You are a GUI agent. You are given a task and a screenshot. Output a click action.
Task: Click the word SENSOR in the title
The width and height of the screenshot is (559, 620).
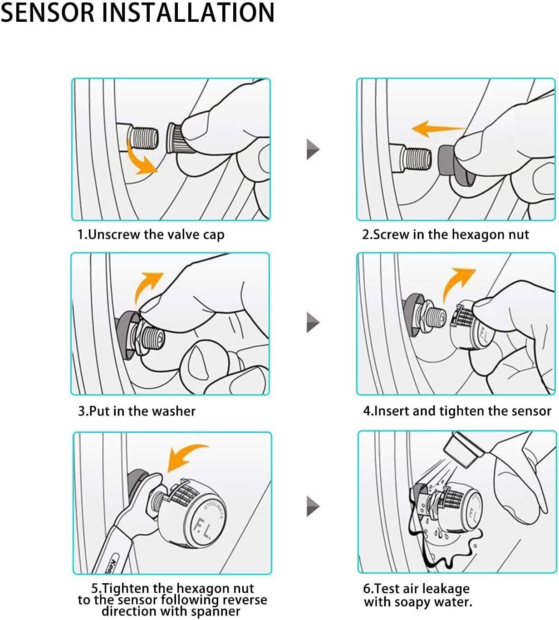click(x=48, y=13)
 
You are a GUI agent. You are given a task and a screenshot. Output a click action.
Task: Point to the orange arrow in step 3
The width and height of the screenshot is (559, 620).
click(x=145, y=286)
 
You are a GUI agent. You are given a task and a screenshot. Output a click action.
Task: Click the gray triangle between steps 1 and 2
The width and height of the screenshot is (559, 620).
click(x=313, y=149)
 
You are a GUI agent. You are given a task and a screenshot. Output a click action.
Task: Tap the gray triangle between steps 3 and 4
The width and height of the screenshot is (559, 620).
click(x=313, y=322)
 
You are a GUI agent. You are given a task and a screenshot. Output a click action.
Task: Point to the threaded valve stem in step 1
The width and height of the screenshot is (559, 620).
click(x=142, y=136)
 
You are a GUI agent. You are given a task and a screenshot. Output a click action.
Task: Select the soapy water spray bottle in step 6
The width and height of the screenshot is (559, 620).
click(x=463, y=449)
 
